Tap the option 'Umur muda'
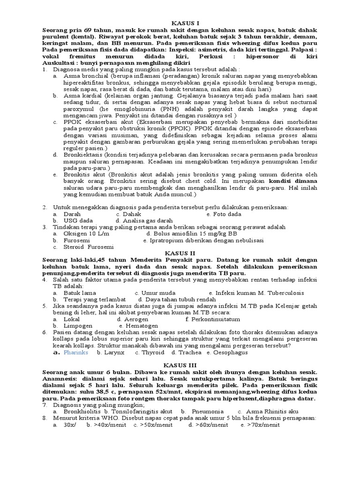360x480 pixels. point(152,293)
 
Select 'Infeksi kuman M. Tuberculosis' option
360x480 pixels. point(256,293)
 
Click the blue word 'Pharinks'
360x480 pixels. point(75,352)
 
